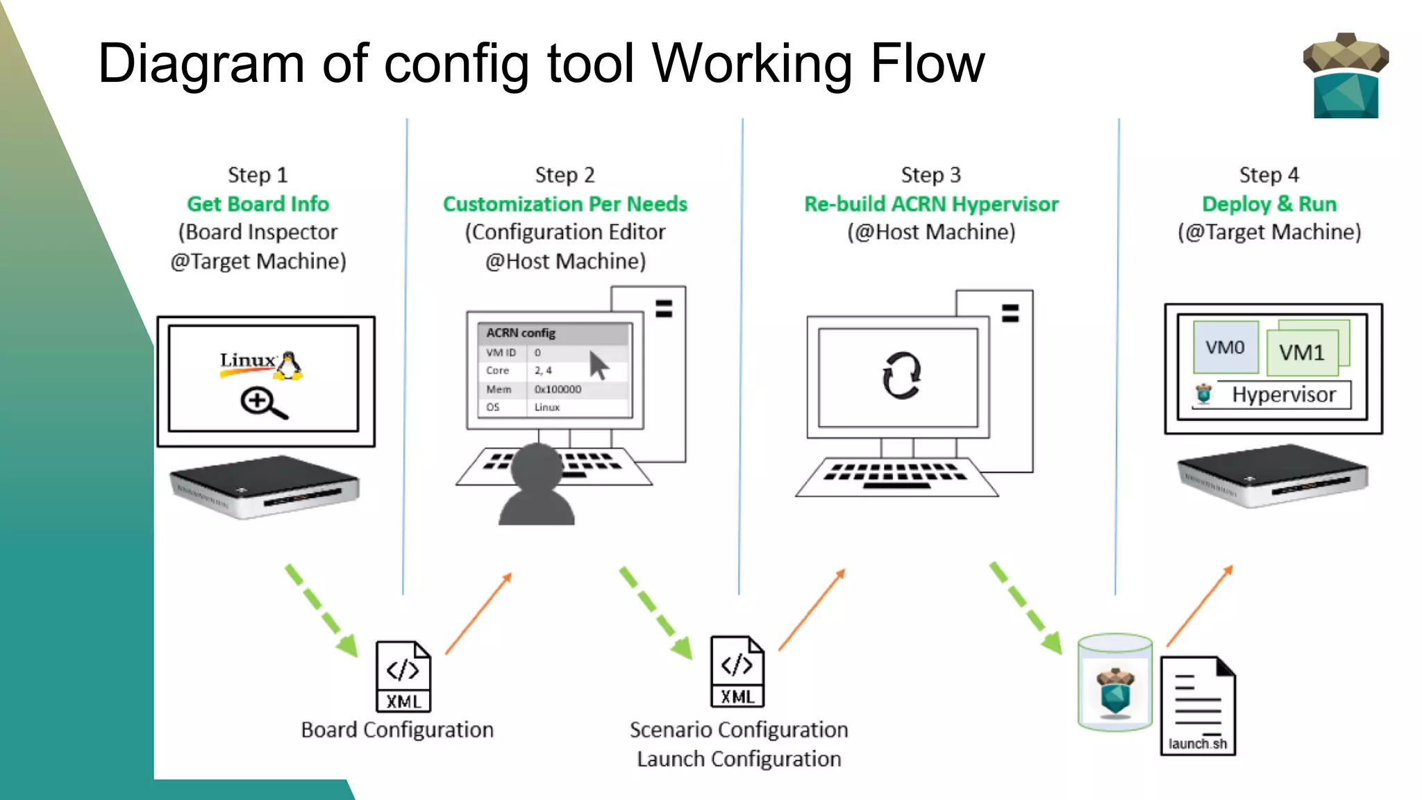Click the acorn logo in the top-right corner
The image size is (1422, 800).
(x=1345, y=76)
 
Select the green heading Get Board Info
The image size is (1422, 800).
(x=258, y=204)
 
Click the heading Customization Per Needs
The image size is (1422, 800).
(x=564, y=204)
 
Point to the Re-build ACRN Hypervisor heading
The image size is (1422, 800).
(x=930, y=204)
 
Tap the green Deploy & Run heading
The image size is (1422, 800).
(x=1269, y=204)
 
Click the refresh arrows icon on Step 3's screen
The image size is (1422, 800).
(x=901, y=376)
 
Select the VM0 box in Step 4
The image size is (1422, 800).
(x=1225, y=347)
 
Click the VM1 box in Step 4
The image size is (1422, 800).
(x=1302, y=353)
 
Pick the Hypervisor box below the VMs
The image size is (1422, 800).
(x=1283, y=394)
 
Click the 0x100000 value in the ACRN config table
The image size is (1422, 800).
(x=558, y=390)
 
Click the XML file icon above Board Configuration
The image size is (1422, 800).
(x=403, y=676)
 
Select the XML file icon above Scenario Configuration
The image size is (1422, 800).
(x=737, y=672)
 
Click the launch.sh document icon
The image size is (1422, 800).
(x=1198, y=706)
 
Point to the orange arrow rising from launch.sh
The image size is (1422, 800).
(x=1199, y=606)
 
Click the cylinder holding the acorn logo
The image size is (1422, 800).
(x=1115, y=683)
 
